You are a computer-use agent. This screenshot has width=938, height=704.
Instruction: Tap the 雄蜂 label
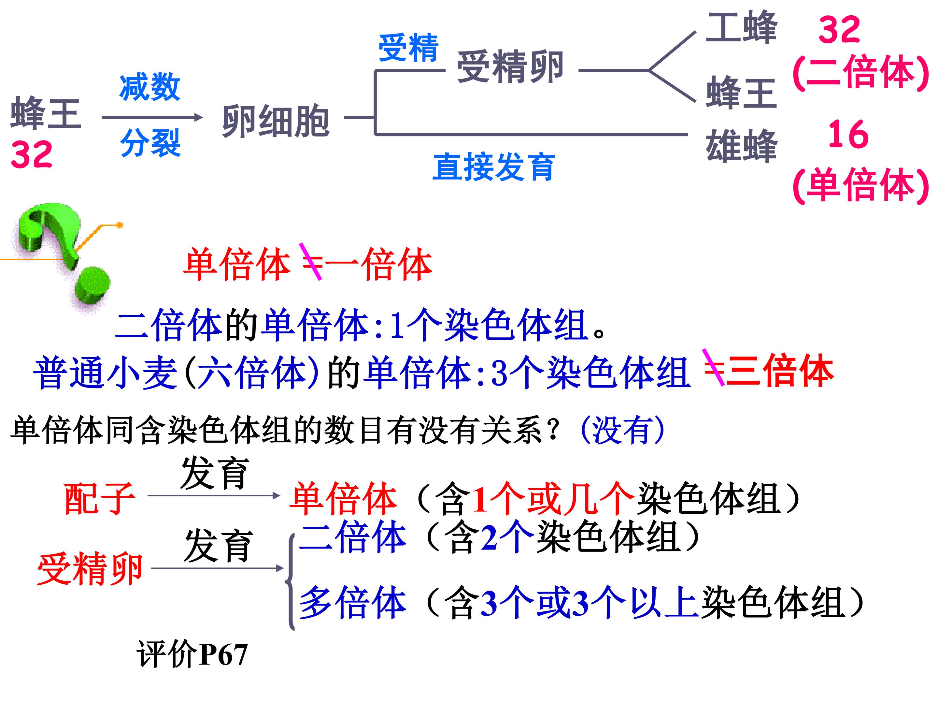pos(741,146)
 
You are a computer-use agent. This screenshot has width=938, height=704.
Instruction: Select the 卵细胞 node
pos(276,121)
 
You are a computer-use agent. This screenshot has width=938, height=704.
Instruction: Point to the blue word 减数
pos(150,87)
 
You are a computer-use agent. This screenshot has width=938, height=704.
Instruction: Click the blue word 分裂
pos(150,142)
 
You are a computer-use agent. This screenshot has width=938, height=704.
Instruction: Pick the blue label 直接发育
pos(494,167)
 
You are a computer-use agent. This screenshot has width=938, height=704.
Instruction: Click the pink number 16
pos(848,134)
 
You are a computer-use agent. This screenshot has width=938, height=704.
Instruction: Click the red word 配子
pos(100,499)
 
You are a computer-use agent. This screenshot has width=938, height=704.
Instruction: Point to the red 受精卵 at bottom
pos(90,569)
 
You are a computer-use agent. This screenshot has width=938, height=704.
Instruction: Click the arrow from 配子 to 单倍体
pos(214,495)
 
